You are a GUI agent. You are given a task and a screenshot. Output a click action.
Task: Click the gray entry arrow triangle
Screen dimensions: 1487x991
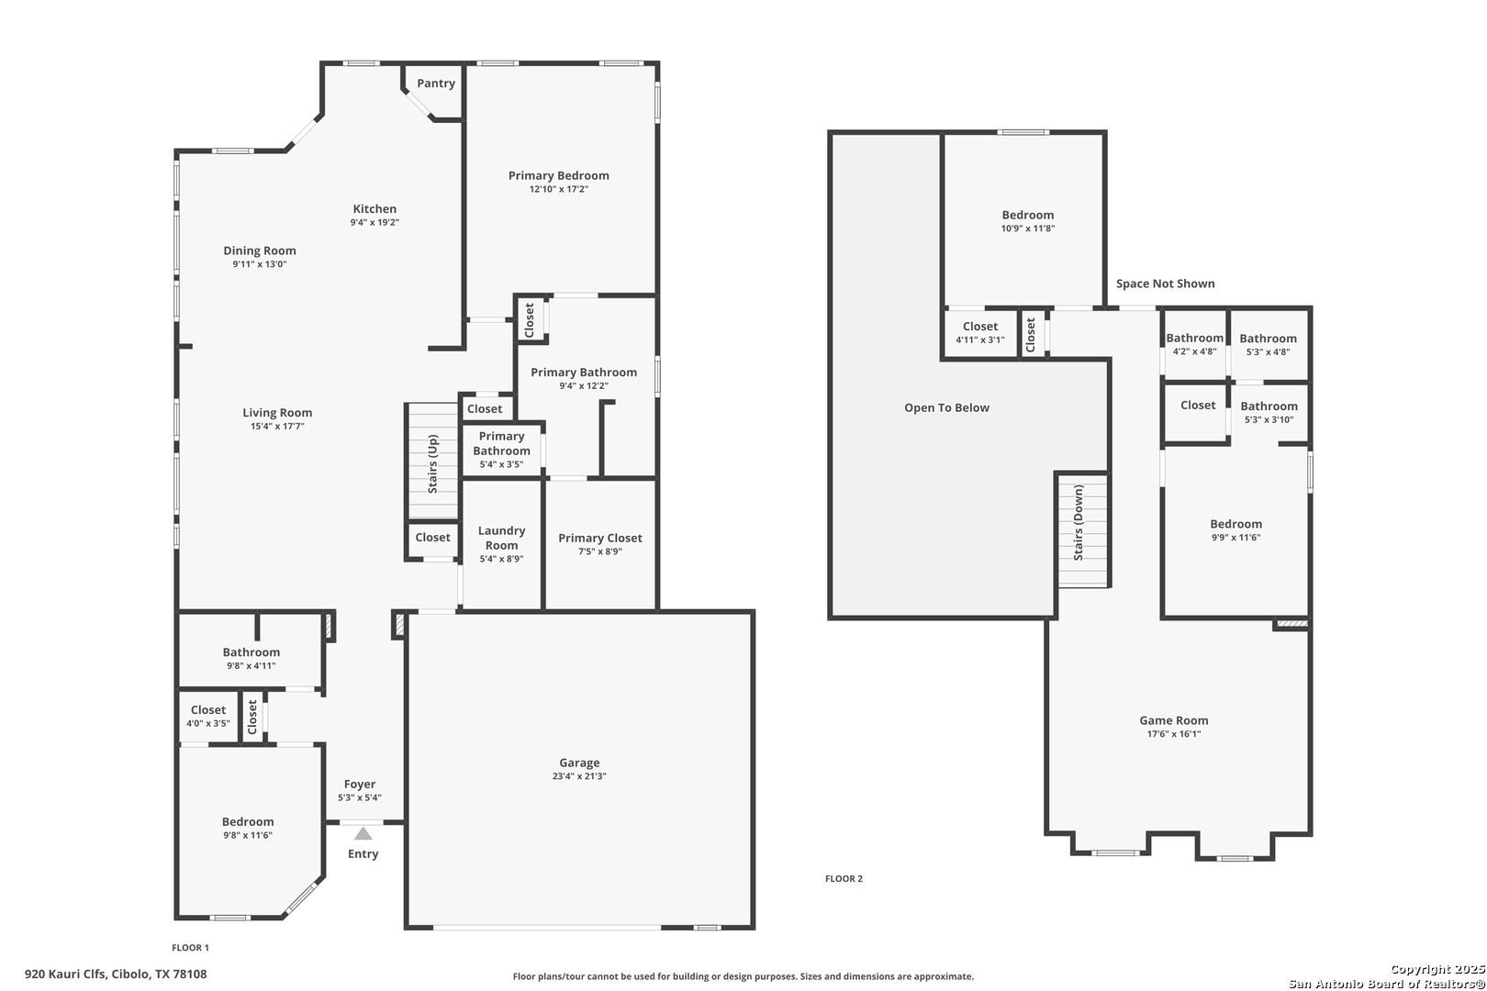(363, 834)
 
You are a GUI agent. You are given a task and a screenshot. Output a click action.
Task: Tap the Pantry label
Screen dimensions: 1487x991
(435, 83)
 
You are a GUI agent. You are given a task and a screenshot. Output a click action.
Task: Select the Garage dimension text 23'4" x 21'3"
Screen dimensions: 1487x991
(579, 776)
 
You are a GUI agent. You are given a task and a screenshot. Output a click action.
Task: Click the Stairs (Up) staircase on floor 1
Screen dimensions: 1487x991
(433, 461)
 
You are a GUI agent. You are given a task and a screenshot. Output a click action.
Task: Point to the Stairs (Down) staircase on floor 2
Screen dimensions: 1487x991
(1083, 530)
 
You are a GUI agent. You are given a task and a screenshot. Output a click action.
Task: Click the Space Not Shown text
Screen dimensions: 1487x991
(1165, 284)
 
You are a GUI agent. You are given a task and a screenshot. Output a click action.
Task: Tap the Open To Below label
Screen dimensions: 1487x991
(946, 407)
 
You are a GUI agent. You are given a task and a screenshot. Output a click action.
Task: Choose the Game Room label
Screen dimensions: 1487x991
(1174, 720)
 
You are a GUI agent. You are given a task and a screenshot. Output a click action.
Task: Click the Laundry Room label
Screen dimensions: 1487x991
(501, 538)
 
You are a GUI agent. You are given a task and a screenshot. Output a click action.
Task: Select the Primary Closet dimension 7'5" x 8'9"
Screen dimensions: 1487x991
(600, 551)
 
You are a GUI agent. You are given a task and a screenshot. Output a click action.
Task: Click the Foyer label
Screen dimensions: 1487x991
(360, 784)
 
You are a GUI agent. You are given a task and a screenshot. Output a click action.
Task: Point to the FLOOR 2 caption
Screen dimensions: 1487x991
(844, 879)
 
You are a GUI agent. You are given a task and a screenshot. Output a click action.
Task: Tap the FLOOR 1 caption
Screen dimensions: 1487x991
(191, 948)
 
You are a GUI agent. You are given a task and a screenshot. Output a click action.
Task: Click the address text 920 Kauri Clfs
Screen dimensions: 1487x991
(65, 974)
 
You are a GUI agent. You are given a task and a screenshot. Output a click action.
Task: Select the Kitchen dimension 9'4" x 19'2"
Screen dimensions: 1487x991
(375, 222)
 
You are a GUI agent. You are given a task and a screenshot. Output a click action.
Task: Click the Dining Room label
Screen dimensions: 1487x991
(260, 251)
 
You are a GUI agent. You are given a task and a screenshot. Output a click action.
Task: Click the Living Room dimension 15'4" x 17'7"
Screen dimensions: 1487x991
(277, 426)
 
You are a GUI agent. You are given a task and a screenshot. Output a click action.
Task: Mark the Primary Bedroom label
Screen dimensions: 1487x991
(559, 176)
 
